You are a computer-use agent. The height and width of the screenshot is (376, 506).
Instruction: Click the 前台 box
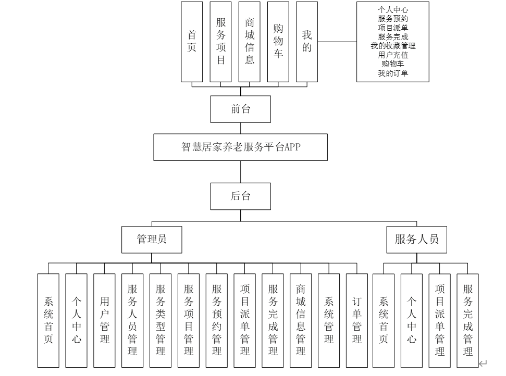point(240,109)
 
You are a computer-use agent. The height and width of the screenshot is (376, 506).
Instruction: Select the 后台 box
point(240,196)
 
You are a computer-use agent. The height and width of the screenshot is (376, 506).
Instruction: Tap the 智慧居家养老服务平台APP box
point(240,147)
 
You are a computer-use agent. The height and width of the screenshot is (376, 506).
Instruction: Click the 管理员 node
point(152,239)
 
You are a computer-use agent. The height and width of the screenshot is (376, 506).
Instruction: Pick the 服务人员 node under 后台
point(416,239)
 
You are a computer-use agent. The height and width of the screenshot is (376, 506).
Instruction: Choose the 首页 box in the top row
point(192,42)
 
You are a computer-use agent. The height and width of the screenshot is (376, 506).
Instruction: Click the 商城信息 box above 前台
point(250,42)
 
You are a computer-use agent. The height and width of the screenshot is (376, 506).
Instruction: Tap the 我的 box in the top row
point(307,42)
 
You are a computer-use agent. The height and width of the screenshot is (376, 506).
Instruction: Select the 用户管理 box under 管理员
point(104,321)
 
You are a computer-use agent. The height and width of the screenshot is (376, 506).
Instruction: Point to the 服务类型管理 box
point(161,321)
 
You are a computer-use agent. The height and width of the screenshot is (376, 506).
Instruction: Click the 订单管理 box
point(357,321)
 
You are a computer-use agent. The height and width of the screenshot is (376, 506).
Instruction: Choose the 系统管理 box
point(329,321)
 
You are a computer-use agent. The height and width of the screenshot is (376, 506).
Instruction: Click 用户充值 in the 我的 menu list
point(393,55)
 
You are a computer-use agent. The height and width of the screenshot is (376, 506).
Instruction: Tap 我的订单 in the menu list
point(393,73)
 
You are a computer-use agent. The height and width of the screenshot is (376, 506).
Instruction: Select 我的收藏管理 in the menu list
point(393,46)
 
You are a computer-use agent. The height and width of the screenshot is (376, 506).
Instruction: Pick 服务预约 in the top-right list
point(393,18)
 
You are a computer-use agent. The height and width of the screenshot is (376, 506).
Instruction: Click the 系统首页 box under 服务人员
point(384,321)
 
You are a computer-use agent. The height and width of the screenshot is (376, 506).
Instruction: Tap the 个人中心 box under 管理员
point(77,321)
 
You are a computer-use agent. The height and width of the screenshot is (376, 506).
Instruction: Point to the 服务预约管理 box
point(217,321)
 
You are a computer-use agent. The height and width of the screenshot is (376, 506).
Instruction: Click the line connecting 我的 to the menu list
point(337,42)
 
